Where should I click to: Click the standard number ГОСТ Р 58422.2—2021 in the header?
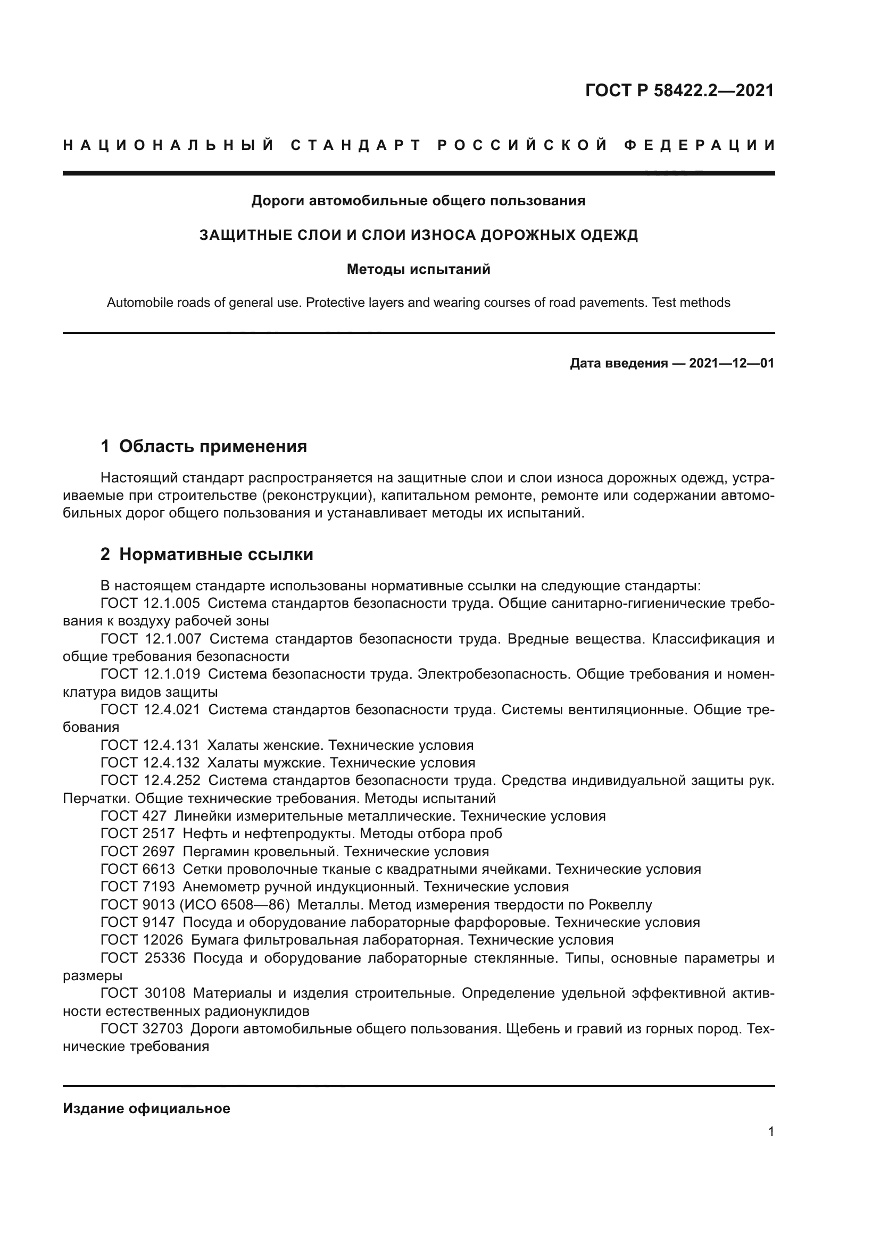point(679,90)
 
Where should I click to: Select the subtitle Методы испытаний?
point(418,269)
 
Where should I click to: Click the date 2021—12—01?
point(732,363)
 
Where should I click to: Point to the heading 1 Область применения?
point(204,446)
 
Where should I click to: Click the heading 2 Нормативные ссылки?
point(207,554)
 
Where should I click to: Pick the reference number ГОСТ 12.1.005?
point(150,603)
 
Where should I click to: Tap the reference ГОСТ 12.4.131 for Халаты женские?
point(150,745)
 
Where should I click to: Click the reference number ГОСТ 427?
point(134,816)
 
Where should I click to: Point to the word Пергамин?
point(221,851)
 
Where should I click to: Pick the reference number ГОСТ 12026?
point(142,940)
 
